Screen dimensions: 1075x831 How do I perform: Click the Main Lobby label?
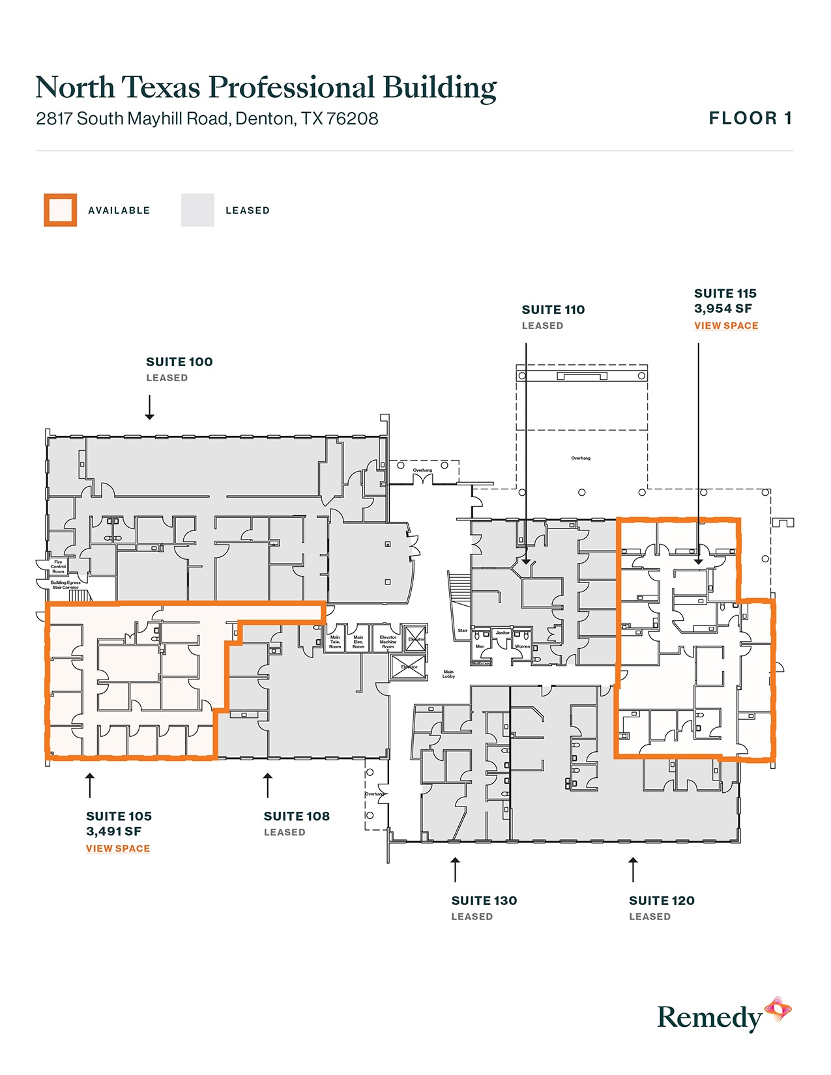click(448, 674)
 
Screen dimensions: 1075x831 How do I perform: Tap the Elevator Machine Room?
click(388, 642)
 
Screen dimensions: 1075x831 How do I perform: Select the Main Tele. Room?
click(335, 642)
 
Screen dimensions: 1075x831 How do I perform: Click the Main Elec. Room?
click(358, 642)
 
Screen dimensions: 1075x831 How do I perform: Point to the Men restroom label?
click(480, 646)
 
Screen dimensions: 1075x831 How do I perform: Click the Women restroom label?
click(523, 646)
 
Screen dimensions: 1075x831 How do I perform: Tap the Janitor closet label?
click(503, 633)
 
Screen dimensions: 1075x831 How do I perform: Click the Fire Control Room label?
click(58, 567)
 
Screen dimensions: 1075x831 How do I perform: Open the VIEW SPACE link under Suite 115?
click(726, 326)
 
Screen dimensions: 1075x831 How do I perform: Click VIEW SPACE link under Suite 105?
click(118, 848)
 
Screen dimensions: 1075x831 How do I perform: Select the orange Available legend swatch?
click(61, 210)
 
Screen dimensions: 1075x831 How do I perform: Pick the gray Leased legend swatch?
click(197, 210)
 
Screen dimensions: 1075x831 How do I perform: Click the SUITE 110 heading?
click(553, 310)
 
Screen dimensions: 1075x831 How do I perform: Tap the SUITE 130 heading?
click(484, 901)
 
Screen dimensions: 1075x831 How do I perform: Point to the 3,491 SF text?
click(114, 831)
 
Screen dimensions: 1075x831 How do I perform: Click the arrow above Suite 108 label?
click(267, 785)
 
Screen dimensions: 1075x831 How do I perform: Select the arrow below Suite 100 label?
click(150, 407)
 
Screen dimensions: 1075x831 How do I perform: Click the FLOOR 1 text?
click(750, 119)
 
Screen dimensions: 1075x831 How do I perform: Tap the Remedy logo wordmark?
click(709, 1018)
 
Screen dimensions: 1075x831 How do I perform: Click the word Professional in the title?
click(291, 88)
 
